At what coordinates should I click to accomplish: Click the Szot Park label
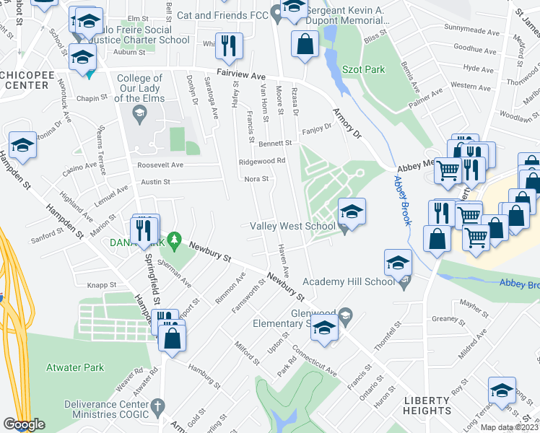coord(365,69)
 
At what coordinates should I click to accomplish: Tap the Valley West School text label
coord(292,226)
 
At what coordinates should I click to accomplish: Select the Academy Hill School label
coord(349,281)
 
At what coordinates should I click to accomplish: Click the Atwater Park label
coord(76,367)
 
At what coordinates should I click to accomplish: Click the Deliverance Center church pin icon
coord(161,405)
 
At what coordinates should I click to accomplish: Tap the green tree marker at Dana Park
coord(173,238)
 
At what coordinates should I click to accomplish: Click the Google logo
coord(25,424)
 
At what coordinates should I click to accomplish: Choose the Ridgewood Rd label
coord(262,161)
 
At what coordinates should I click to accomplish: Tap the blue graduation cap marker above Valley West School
coord(352,211)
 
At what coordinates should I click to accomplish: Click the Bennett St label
coord(274,144)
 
